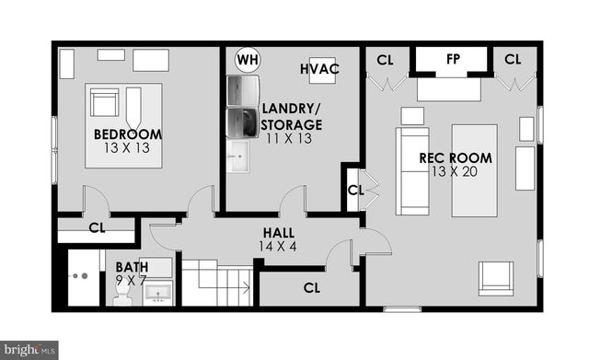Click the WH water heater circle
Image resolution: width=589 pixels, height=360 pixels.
[x=247, y=61]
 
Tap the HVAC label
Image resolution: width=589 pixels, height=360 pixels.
[x=318, y=69]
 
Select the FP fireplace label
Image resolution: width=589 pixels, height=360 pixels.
[x=453, y=59]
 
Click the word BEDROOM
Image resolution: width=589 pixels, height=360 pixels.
[x=128, y=134]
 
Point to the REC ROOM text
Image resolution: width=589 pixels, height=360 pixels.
[x=456, y=157]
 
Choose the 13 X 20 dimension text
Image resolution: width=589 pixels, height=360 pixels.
[x=456, y=172]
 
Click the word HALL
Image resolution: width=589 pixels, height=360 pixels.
[x=278, y=233]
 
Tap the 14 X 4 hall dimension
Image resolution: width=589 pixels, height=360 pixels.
[x=278, y=247]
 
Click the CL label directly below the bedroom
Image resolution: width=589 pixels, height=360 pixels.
[x=96, y=227]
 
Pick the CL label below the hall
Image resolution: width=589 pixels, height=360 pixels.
[x=312, y=287]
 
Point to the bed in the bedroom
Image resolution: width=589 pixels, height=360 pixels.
[x=124, y=125]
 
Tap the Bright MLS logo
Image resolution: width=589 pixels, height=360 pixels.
[x=29, y=349]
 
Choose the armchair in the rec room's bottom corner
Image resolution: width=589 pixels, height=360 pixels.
[x=496, y=278]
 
